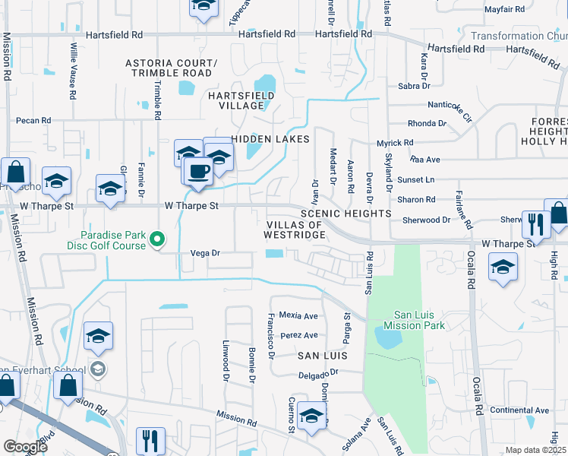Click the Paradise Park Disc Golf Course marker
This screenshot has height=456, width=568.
(157, 239)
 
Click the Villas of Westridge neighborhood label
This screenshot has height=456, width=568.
(295, 230)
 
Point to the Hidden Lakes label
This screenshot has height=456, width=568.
(270, 139)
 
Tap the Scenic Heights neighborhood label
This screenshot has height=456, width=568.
(346, 214)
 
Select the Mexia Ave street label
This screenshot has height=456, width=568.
(298, 315)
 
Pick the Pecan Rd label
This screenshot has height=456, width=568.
(33, 120)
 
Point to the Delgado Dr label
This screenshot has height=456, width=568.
(316, 373)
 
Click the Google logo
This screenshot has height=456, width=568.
(25, 447)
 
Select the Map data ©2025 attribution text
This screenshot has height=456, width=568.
(535, 450)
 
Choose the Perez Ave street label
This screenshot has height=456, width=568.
(298, 335)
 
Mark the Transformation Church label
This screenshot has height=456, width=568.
(518, 36)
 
